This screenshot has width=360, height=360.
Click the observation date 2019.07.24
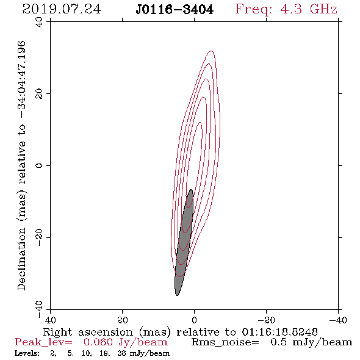click(x=62, y=9)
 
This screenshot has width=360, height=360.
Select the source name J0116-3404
click(x=175, y=10)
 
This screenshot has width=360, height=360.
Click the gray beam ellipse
click(x=184, y=242)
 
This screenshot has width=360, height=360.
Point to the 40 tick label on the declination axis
click(x=39, y=22)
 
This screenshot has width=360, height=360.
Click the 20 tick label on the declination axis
click(x=39, y=94)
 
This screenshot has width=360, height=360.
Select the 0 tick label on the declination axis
click(x=39, y=165)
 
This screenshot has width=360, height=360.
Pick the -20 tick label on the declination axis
click(x=39, y=237)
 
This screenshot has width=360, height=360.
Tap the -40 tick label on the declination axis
click(x=39, y=309)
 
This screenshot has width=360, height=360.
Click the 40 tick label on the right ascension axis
click(x=50, y=320)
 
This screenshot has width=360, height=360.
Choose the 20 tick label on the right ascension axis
click(x=122, y=320)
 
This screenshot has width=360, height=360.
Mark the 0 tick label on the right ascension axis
click(x=194, y=320)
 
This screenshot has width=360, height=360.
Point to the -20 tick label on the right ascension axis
click(x=266, y=320)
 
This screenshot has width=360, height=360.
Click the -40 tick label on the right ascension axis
click(x=338, y=320)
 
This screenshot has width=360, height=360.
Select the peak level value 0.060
click(x=98, y=342)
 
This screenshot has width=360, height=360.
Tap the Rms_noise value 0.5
click(x=278, y=342)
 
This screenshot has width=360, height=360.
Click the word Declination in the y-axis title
click(x=21, y=259)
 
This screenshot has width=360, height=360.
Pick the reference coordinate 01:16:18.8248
click(x=279, y=332)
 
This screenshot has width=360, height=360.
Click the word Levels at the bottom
click(x=27, y=353)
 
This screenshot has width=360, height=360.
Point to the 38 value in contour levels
click(x=121, y=353)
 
